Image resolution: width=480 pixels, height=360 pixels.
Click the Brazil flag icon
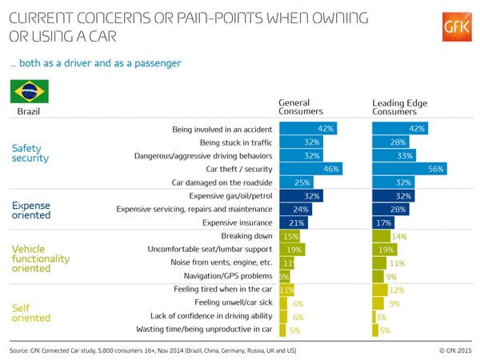pos(28,91)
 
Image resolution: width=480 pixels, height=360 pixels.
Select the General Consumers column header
pos(300,106)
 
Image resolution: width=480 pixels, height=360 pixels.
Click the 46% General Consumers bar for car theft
pos(310,169)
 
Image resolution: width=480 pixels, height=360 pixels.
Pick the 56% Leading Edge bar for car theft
pos(409,169)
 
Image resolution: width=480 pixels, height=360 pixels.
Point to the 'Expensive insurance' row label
pos(238,222)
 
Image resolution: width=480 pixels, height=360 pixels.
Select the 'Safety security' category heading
pos(30,153)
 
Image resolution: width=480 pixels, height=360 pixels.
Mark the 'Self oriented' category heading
pos(31,313)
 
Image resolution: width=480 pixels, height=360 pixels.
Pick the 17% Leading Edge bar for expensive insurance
pos(383,222)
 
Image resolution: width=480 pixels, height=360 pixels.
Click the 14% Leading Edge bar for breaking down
pos(382,236)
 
